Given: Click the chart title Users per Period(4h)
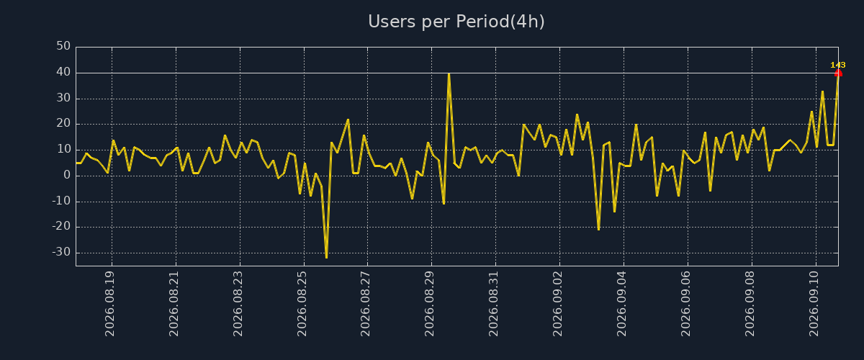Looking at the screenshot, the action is (x=456, y=22).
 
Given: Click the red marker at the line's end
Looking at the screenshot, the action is (x=838, y=73).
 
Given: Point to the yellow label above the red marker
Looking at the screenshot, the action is (x=838, y=65).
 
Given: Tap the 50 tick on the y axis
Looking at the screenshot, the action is (x=63, y=46).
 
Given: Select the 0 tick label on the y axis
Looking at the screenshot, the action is (x=67, y=175).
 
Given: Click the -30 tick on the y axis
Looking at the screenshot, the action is (x=61, y=252).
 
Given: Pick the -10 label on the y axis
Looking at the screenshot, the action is (x=61, y=201).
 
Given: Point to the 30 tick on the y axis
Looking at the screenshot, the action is (x=63, y=98).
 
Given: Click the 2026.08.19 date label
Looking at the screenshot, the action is (x=110, y=304).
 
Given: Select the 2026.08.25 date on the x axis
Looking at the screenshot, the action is (x=302, y=304).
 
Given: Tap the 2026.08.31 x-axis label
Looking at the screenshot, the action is (x=494, y=304).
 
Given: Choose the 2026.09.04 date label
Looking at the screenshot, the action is (x=622, y=304).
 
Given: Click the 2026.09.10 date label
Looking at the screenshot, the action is (x=814, y=304).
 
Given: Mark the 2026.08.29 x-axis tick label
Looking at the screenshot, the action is (x=430, y=304).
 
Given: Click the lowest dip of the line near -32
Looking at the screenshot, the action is (x=327, y=257).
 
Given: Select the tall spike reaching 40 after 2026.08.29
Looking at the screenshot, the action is (x=449, y=73).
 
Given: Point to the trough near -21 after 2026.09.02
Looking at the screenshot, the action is (x=598, y=230).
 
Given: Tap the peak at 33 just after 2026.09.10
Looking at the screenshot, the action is (x=823, y=91).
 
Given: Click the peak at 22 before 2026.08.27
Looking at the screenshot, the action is (x=348, y=120).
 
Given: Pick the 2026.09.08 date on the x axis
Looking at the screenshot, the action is (x=750, y=304).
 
